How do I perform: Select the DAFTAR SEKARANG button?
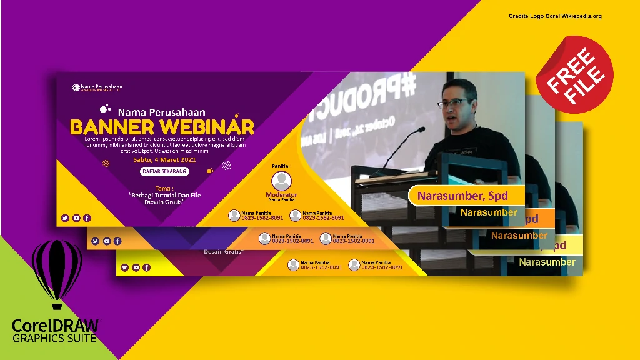point(164,171)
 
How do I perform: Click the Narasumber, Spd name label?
point(462,196)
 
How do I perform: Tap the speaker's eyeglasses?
point(454,103)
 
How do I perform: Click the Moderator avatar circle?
point(282,181)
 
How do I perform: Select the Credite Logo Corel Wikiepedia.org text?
point(555,16)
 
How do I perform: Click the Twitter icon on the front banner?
point(65,218)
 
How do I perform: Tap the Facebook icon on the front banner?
point(87,218)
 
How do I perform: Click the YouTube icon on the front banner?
point(76,218)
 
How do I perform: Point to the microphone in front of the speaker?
point(400,139)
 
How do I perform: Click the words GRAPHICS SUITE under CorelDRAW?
point(55,338)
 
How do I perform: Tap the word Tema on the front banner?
point(164,187)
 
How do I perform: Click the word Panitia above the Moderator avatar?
point(281,166)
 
